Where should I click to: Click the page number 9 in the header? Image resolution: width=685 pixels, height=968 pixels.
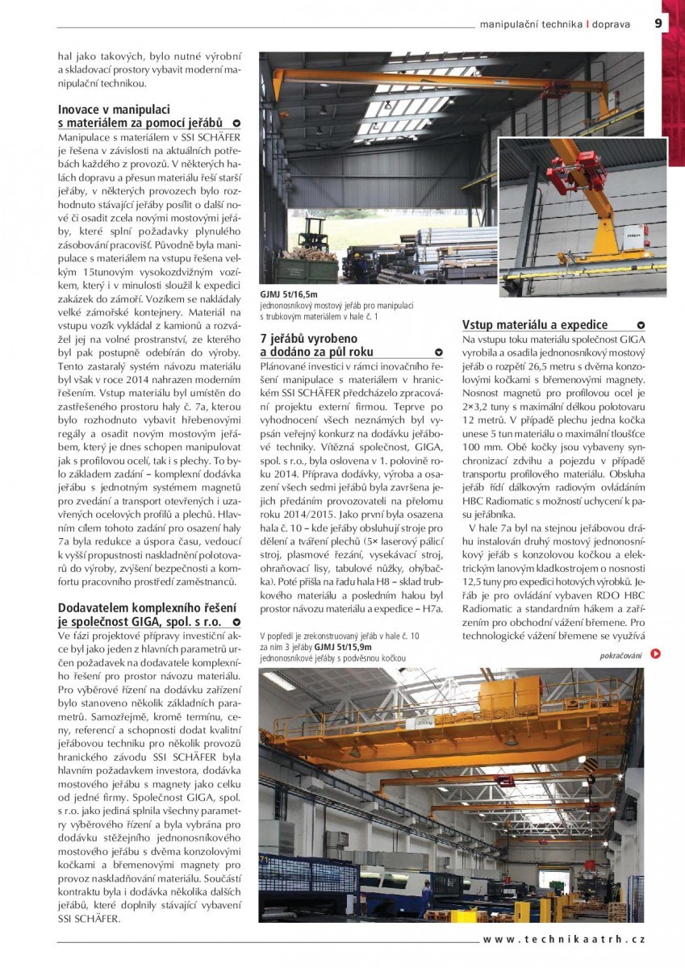click(658, 23)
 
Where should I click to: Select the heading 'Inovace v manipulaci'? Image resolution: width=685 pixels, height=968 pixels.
click(114, 108)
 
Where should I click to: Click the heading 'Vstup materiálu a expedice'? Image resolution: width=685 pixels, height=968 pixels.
click(535, 325)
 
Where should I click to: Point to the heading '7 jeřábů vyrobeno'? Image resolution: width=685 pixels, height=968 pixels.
click(308, 339)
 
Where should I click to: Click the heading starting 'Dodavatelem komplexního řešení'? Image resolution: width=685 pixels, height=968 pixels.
click(147, 607)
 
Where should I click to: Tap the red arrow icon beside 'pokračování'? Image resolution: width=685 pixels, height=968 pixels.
click(656, 654)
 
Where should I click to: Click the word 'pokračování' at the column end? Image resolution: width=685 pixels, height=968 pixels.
click(620, 655)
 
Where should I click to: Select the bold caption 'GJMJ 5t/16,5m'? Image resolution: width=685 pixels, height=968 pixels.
click(289, 295)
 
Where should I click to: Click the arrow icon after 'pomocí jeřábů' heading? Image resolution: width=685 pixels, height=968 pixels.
click(236, 123)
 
